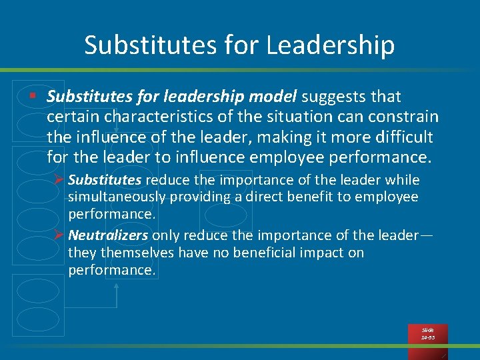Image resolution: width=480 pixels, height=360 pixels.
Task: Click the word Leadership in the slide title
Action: click(330, 45)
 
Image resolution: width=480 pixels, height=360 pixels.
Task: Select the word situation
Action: click(286, 117)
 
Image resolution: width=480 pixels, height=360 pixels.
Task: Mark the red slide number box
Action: click(427, 334)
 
